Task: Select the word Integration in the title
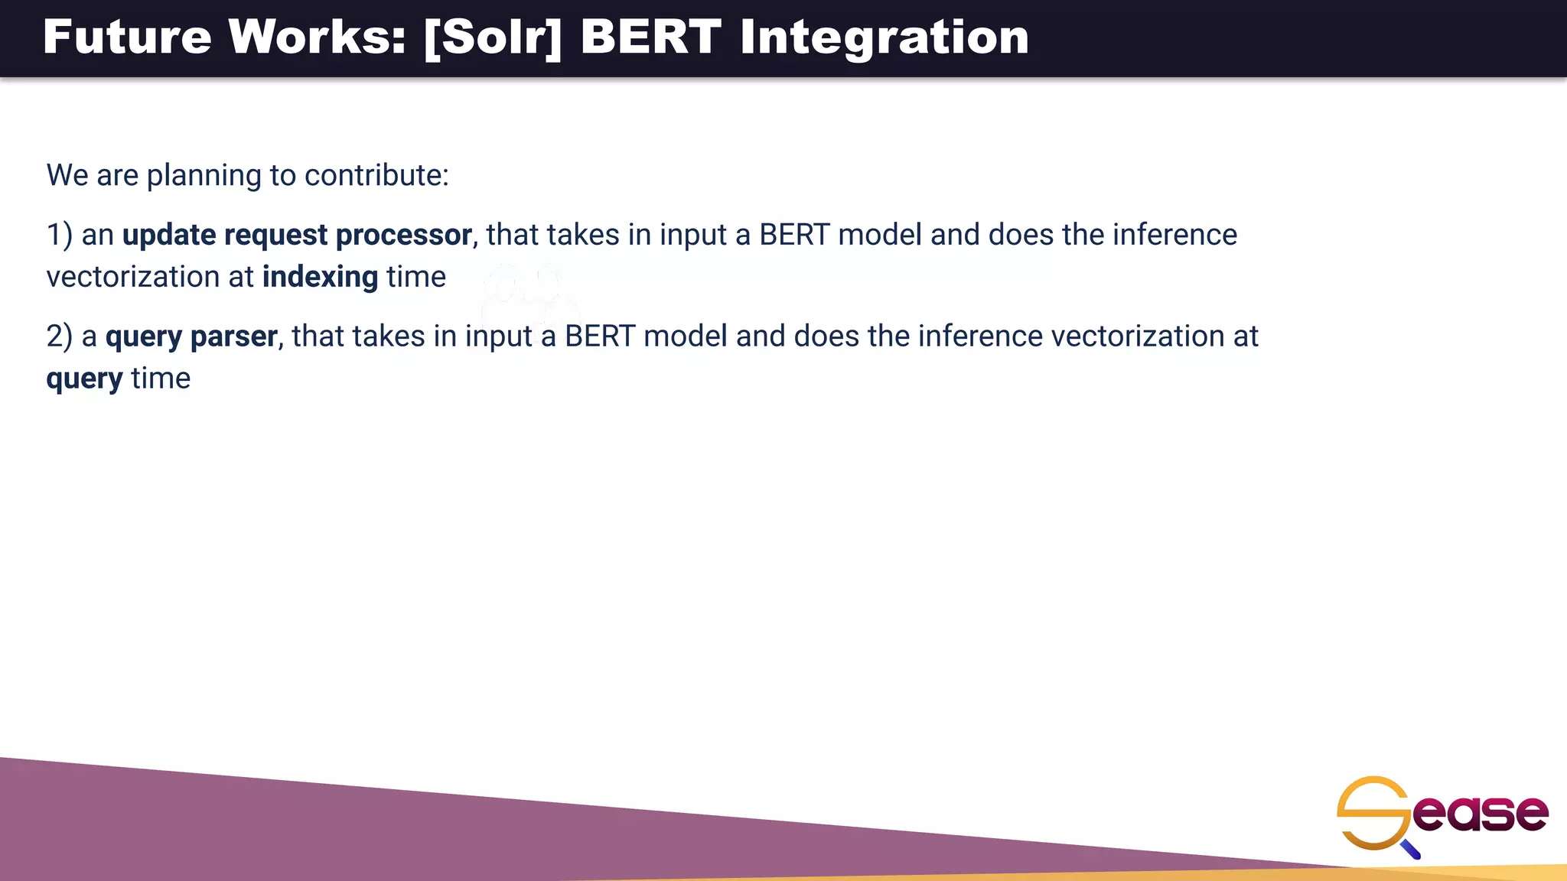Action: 884,38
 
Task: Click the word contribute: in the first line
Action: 376,175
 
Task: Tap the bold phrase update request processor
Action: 297,235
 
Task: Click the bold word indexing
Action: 320,277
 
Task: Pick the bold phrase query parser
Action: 191,336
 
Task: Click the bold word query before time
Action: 84,379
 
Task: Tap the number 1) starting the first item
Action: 60,235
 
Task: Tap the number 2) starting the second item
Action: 60,336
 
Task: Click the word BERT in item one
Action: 793,235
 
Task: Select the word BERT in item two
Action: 599,336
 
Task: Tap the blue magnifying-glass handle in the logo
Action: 1412,850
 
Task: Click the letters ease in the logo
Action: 1481,813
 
